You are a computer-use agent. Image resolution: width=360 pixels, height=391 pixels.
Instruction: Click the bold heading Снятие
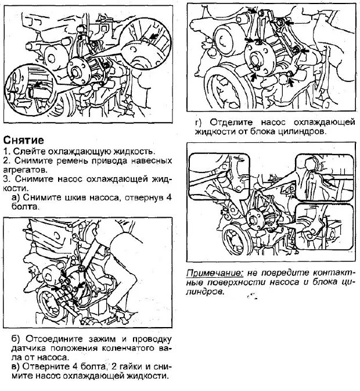tap(23, 140)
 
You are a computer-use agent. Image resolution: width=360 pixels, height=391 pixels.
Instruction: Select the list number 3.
tap(5, 179)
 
